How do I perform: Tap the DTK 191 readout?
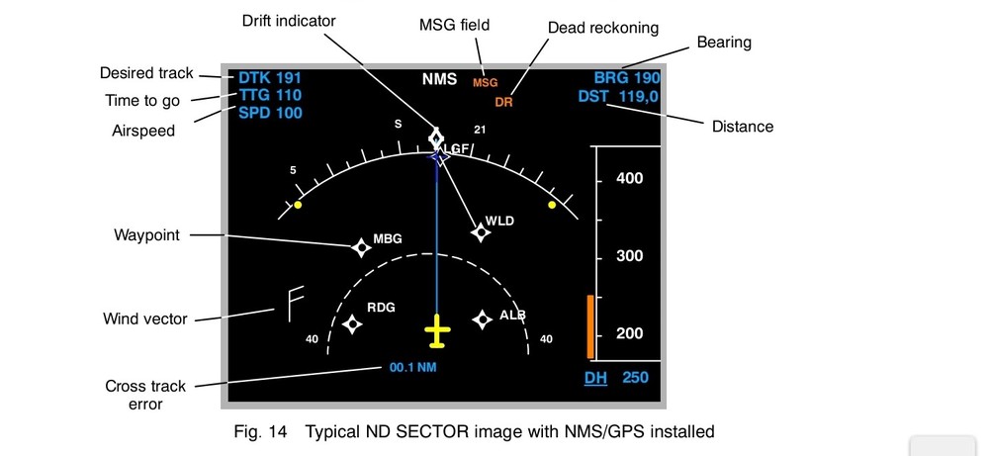[x=269, y=77]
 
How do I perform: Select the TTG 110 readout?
[x=269, y=95]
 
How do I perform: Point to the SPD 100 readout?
[x=269, y=113]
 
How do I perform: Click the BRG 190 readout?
[x=626, y=77]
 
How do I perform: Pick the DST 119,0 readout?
[x=619, y=96]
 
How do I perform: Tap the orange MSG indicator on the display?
[x=485, y=82]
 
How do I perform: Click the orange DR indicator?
[x=504, y=102]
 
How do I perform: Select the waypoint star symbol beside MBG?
[x=361, y=247]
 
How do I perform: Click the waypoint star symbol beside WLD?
[x=481, y=232]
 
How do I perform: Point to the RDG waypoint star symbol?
[x=352, y=322]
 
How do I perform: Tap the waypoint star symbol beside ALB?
[x=482, y=319]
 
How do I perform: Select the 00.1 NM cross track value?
[x=412, y=368]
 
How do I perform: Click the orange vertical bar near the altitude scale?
[x=590, y=325]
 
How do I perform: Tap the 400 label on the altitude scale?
[x=629, y=178]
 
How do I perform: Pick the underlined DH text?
[x=595, y=378]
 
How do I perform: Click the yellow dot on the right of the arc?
[x=552, y=205]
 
